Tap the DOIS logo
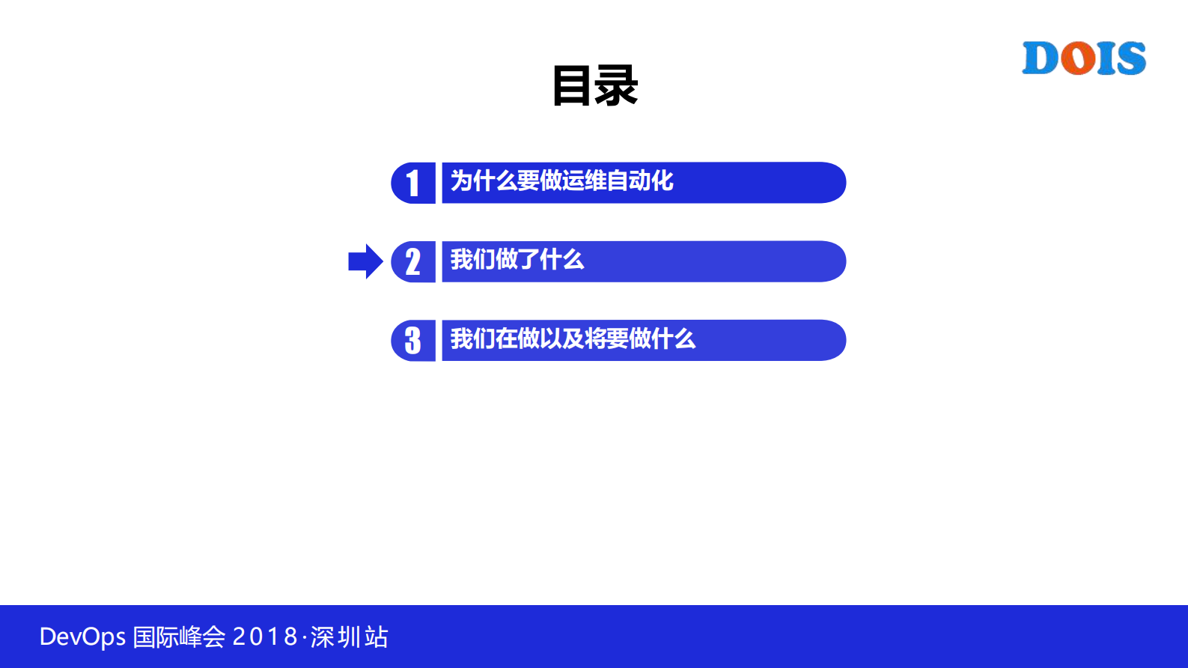tap(1084, 58)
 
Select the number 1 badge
tap(412, 183)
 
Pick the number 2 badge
tap(412, 262)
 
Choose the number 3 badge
tap(412, 341)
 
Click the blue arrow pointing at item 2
tap(365, 261)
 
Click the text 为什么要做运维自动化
tap(561, 180)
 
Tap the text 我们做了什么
tap(517, 260)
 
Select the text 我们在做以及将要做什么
tap(573, 338)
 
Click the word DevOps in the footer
tap(82, 637)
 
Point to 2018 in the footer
tap(265, 637)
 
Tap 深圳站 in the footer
tap(350, 637)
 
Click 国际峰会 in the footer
tap(179, 637)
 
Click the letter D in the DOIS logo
tap(1040, 58)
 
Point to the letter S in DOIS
tap(1129, 58)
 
